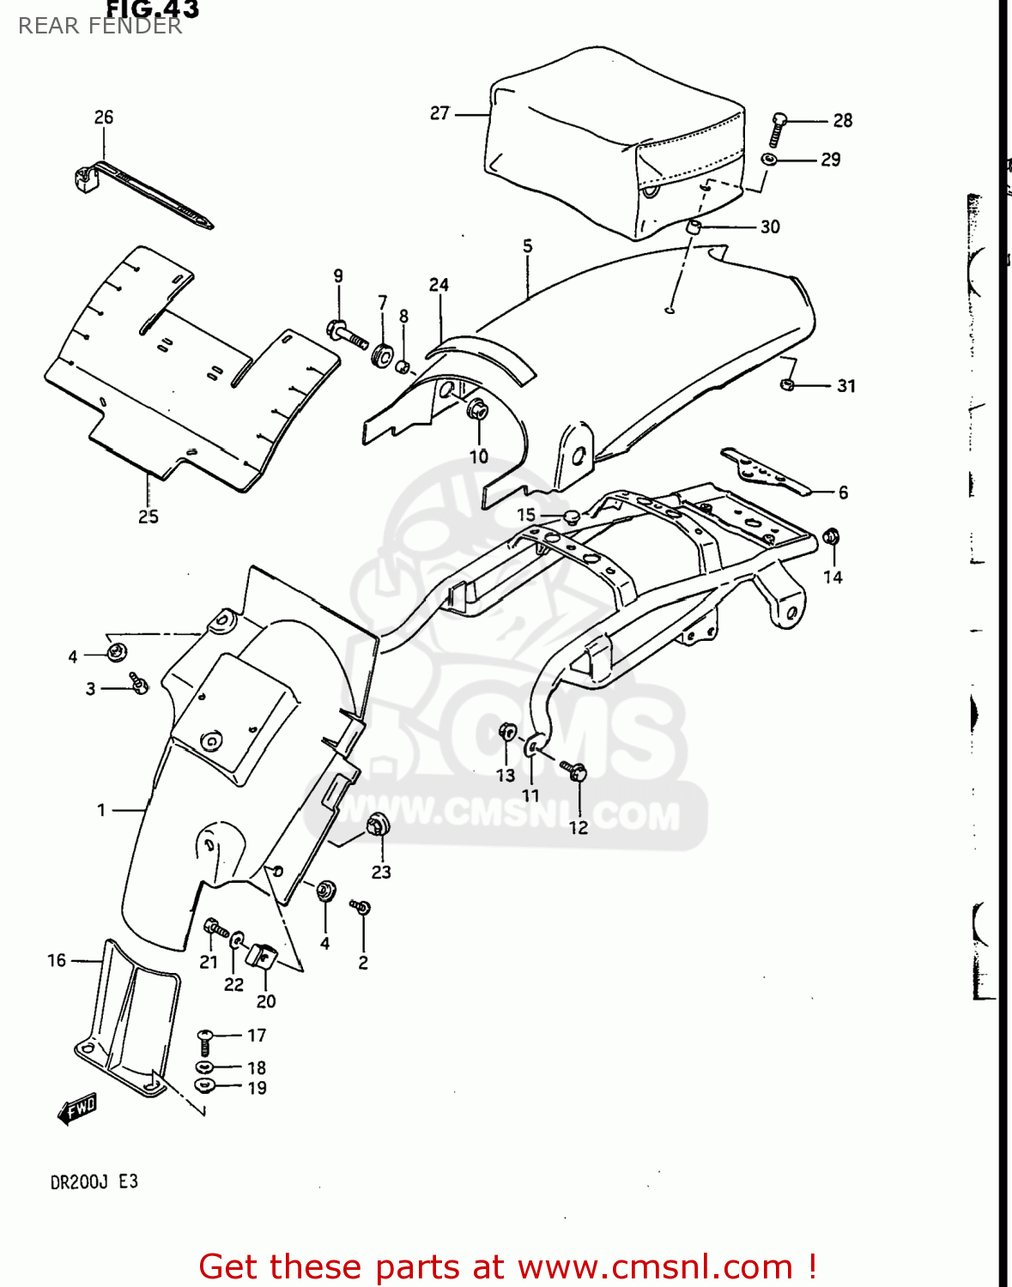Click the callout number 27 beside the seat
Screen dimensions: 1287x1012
pos(439,113)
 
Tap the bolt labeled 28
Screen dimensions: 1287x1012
pos(779,127)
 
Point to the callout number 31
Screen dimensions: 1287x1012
pos(846,386)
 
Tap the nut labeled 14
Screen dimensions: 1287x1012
pos(830,538)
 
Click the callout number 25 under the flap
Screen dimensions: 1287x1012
pos(148,517)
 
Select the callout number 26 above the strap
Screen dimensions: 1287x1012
pos(104,118)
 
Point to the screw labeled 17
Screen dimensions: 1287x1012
pos(205,1042)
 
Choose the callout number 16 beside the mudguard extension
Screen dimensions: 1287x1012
pos(57,960)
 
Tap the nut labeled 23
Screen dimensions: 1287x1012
pos(378,826)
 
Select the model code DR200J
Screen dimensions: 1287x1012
pos(79,1182)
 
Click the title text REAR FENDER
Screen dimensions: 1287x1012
pos(100,26)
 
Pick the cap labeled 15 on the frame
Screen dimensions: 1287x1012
pos(571,517)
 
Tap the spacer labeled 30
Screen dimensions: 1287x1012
pos(694,227)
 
